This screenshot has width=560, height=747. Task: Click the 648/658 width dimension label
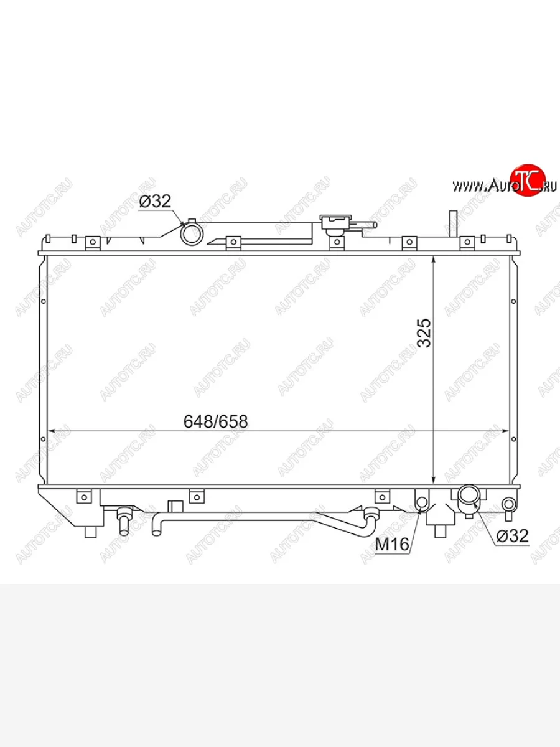pos(215,421)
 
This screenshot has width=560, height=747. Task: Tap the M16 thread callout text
pos(392,544)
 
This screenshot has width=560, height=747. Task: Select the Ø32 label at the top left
pos(155,201)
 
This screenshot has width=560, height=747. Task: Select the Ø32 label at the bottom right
pos(513,536)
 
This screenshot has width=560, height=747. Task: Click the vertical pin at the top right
pos(453,223)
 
